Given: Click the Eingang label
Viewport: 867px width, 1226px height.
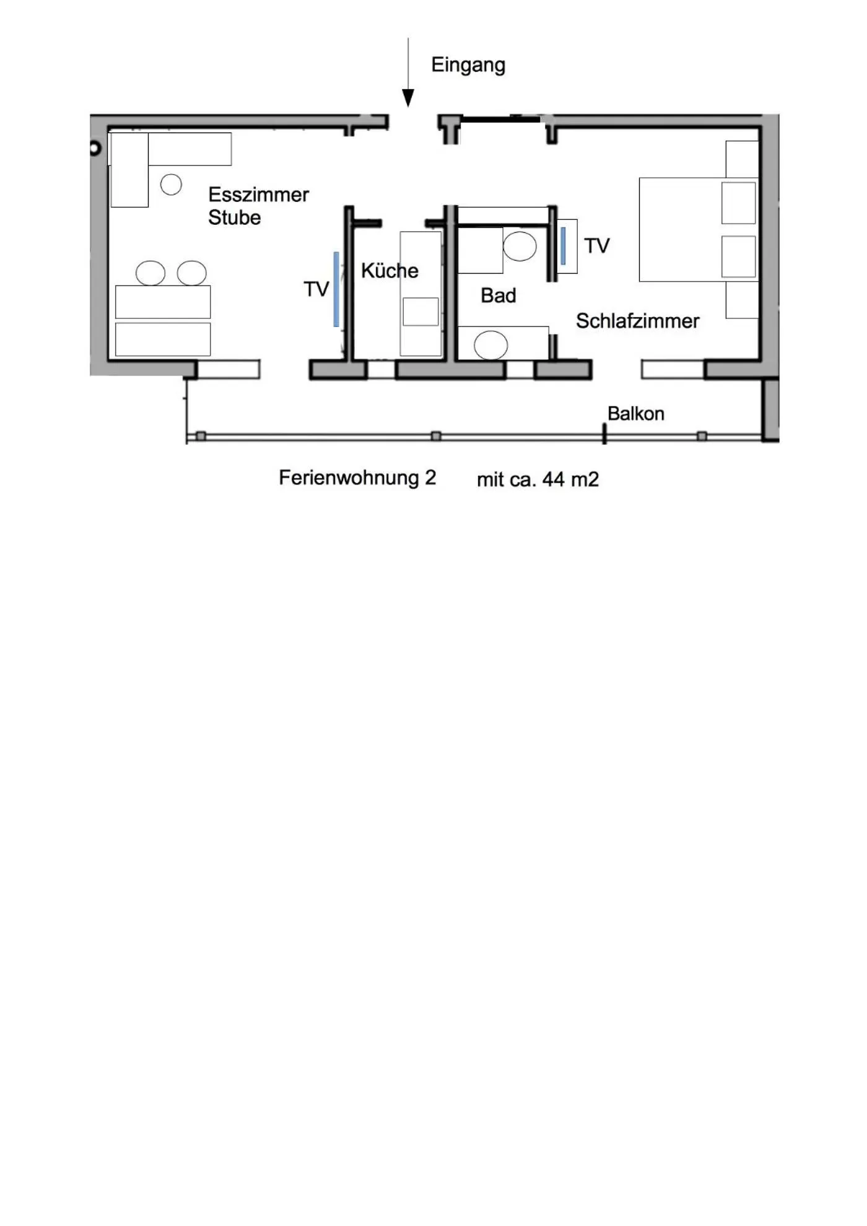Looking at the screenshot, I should pos(468,65).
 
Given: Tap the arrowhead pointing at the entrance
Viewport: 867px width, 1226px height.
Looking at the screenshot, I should pos(408,97).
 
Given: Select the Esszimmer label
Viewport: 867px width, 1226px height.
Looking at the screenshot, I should pos(258,195).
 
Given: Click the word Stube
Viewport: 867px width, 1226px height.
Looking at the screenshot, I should pos(234,218).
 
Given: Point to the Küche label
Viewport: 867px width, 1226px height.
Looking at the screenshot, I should pos(390,271).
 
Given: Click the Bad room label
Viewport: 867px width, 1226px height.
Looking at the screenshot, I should pos(498,296).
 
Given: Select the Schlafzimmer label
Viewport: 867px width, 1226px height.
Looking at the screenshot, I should pos(637,321).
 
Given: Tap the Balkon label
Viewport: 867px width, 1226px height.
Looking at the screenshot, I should pos(635,414).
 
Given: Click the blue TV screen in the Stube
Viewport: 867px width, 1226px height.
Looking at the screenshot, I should pos(336,289).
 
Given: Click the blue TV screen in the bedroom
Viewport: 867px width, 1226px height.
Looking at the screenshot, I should pos(563,246).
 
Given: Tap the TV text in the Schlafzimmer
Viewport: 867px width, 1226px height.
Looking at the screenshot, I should pos(596,246).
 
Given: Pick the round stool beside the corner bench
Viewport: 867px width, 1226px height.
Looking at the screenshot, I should pos(171,184).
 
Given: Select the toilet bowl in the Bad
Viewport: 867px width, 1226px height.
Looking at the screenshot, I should pos(520,246).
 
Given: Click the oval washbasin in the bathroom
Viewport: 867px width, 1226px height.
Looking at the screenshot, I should pos(491,345).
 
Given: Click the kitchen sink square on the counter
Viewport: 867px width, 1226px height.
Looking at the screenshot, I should pos(420,311).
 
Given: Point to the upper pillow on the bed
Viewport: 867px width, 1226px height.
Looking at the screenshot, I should pos(738,203).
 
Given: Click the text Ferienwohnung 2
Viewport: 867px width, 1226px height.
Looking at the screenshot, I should pos(357,478).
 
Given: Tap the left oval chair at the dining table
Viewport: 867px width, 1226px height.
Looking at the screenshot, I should pos(150,273).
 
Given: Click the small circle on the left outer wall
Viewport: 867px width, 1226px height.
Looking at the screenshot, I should pos(95,149).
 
